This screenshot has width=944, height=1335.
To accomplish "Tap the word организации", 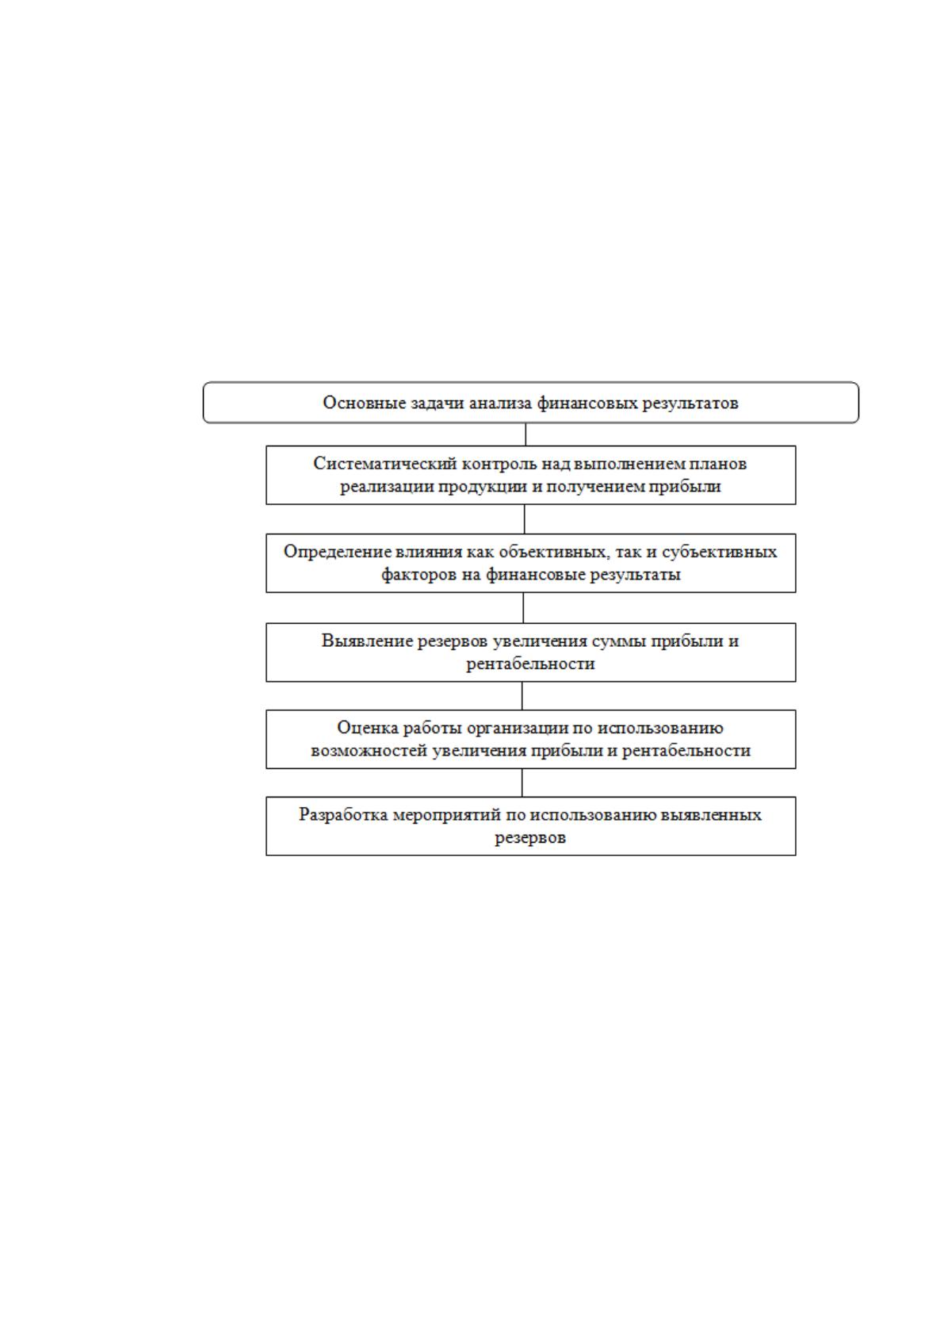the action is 518,728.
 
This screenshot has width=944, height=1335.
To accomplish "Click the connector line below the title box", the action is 525,434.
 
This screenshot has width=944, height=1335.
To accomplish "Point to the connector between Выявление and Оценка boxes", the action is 522,695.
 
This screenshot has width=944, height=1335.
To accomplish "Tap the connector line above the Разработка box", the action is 522,782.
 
